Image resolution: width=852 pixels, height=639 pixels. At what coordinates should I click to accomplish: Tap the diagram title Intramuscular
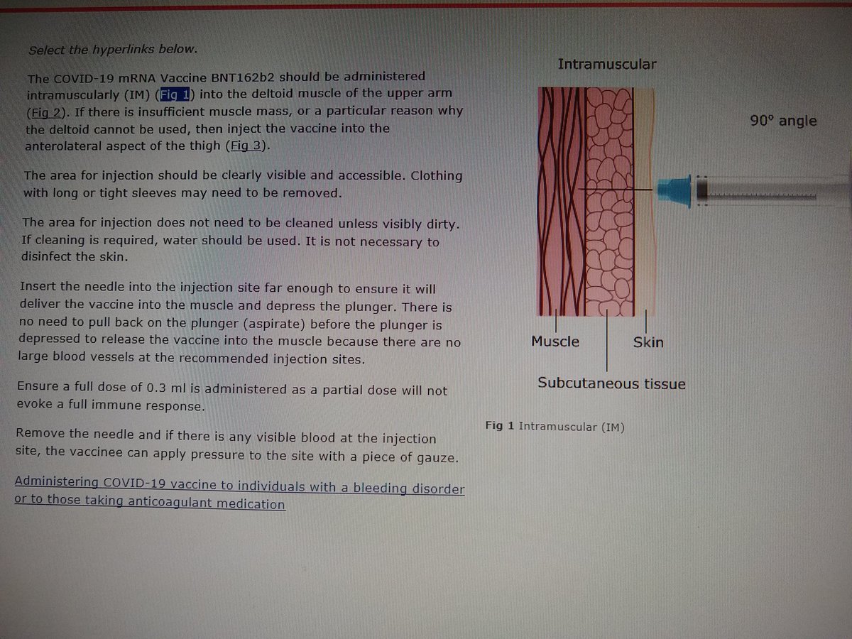606,65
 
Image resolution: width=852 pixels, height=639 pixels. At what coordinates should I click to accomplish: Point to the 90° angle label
783,121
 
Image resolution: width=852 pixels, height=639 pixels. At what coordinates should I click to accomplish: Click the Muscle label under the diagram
555,342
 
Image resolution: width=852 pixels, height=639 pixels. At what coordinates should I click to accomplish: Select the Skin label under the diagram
648,343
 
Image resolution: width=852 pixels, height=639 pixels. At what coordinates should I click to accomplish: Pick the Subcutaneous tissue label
611,384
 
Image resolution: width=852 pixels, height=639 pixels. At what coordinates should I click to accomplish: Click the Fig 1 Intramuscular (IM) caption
555,427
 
